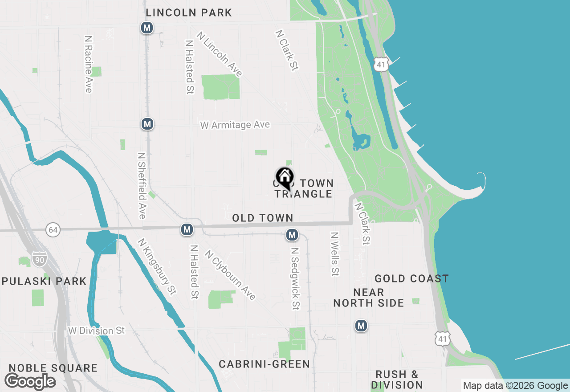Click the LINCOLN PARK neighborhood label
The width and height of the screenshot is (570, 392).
189,12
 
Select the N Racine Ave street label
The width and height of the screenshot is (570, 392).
88,65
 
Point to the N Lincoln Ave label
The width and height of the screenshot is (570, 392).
220,54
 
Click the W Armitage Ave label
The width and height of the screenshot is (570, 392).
235,125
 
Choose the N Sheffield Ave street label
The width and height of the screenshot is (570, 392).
142,186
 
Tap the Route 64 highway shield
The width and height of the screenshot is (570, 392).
53,230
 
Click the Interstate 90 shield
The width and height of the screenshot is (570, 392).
39,259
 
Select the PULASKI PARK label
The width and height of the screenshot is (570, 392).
45,281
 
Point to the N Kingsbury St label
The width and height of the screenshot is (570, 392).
157,266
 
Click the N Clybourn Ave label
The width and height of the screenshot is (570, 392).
230,274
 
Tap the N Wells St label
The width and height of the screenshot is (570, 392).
335,253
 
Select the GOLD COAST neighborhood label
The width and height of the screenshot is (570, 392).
411,279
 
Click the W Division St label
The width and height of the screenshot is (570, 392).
97,331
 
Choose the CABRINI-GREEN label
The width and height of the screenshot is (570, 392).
265,364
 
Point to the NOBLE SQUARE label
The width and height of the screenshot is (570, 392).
53,368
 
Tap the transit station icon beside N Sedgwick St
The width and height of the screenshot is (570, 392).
292,235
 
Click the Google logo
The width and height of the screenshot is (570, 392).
30,382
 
